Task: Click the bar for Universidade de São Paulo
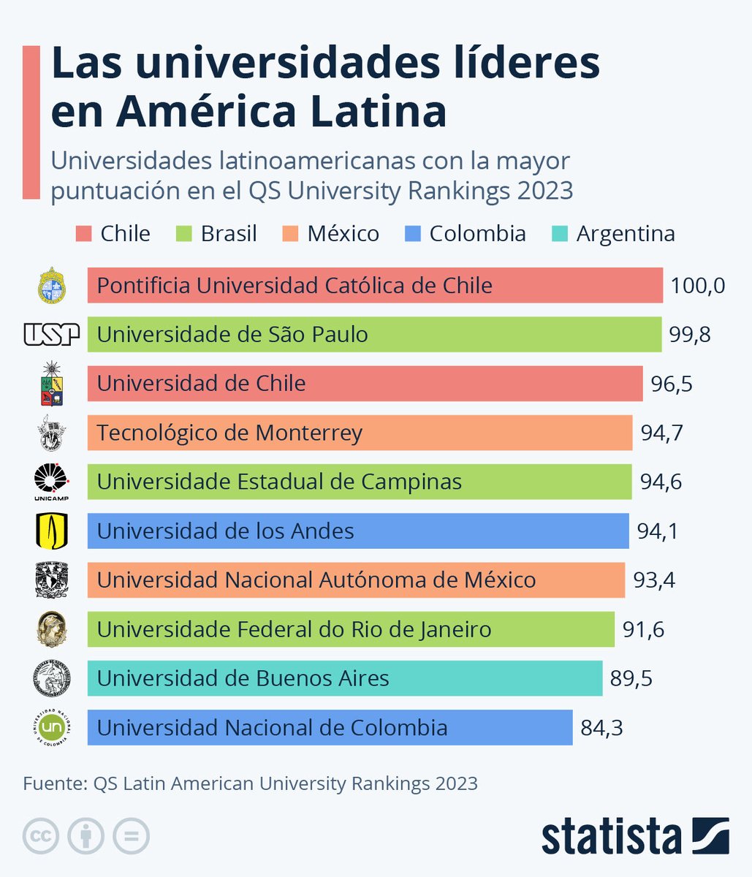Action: tap(374, 335)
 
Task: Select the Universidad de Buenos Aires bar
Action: tap(344, 678)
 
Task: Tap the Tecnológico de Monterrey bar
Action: tap(360, 433)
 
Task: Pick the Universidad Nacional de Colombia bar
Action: tap(330, 728)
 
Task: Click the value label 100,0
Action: tap(697, 286)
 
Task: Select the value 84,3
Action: tap(601, 728)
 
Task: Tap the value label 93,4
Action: tap(654, 580)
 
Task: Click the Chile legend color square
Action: tap(83, 234)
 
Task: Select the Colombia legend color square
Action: tap(412, 234)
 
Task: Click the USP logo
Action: tap(51, 335)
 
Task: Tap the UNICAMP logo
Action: tap(51, 482)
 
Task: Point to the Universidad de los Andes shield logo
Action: tap(51, 531)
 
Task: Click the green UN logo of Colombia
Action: tap(51, 727)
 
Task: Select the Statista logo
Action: tap(634, 835)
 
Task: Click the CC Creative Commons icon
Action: tap(41, 835)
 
